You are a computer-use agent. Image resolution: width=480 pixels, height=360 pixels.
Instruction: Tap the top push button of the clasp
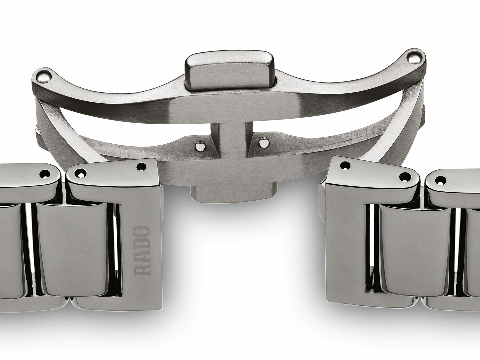[x=229, y=71]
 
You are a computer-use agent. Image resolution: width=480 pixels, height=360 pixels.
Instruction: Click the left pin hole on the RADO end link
[x=80, y=173]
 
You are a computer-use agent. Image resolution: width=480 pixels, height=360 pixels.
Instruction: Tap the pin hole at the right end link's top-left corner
[x=345, y=165]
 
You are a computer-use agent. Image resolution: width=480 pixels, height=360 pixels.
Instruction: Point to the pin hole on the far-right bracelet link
[x=440, y=182]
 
